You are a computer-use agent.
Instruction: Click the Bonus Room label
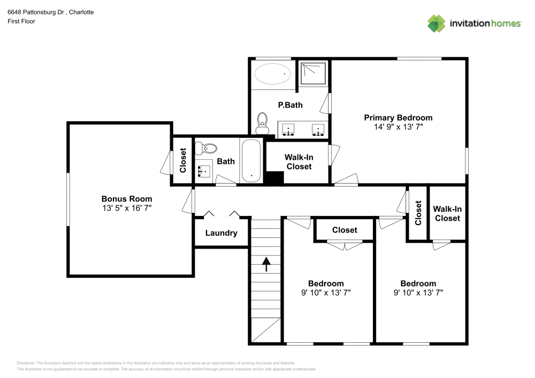click(x=127, y=198)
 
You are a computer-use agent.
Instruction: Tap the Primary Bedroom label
click(x=398, y=118)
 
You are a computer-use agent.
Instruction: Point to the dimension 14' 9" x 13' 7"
click(x=398, y=127)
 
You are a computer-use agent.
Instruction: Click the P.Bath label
click(x=290, y=105)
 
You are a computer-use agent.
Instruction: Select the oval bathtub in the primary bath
click(x=273, y=74)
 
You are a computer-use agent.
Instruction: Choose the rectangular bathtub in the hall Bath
click(x=250, y=161)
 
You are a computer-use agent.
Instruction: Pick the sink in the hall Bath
click(x=204, y=171)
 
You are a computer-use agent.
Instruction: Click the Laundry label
click(x=221, y=233)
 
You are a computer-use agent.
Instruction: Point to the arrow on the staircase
click(x=266, y=264)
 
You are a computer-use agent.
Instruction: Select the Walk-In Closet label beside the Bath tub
click(x=299, y=161)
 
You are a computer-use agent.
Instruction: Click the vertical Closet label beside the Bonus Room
click(x=182, y=160)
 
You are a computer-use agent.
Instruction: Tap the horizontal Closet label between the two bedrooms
click(x=345, y=230)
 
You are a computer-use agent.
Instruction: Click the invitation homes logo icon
click(x=437, y=23)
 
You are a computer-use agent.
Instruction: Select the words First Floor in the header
click(x=21, y=21)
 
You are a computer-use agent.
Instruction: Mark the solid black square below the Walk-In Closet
click(x=274, y=178)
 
